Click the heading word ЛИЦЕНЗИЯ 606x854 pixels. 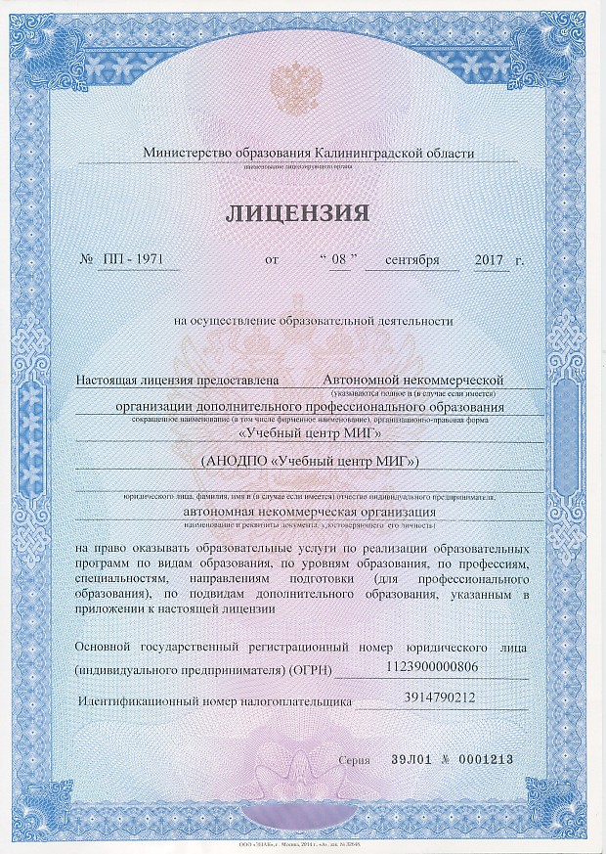[299, 213]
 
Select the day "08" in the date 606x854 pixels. [340, 261]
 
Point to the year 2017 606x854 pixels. [488, 261]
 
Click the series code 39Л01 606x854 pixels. [409, 759]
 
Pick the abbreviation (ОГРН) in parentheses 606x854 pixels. [312, 670]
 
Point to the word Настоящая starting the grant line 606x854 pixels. [108, 378]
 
